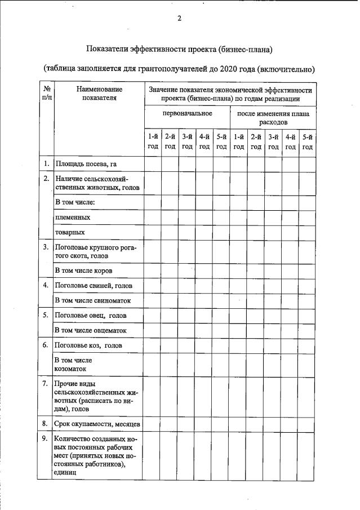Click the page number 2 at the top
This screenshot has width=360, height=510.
(179, 18)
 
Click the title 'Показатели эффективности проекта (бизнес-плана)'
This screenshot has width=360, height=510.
(179, 50)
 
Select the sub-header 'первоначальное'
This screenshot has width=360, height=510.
(187, 113)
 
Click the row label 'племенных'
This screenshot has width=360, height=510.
(73, 216)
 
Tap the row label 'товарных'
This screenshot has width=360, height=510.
(70, 232)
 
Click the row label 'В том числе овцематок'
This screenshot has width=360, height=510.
(90, 330)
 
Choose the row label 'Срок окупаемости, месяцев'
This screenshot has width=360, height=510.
(97, 423)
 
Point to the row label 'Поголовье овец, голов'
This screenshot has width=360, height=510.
(90, 315)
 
